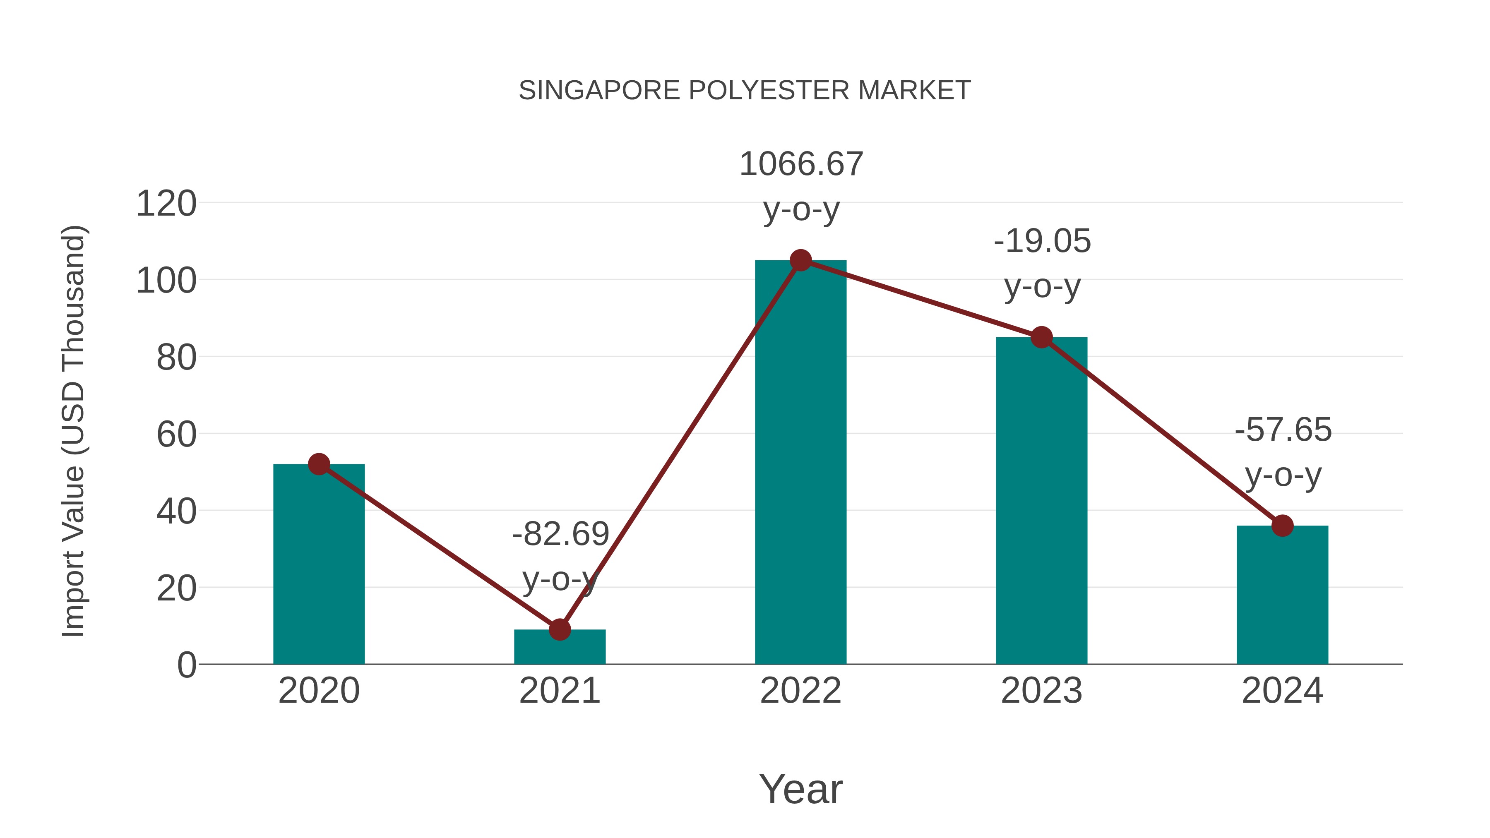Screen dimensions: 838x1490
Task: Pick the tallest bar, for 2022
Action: (800, 463)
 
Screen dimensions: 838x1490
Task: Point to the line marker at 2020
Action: (319, 464)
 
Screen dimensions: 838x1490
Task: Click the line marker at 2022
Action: (800, 260)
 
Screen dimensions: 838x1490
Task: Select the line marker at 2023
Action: (1041, 337)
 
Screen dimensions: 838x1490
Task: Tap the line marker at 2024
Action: (1282, 526)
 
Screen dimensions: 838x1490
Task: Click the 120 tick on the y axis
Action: (166, 204)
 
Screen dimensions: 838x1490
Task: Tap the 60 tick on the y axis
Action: (176, 435)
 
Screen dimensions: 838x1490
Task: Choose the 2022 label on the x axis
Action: (800, 691)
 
